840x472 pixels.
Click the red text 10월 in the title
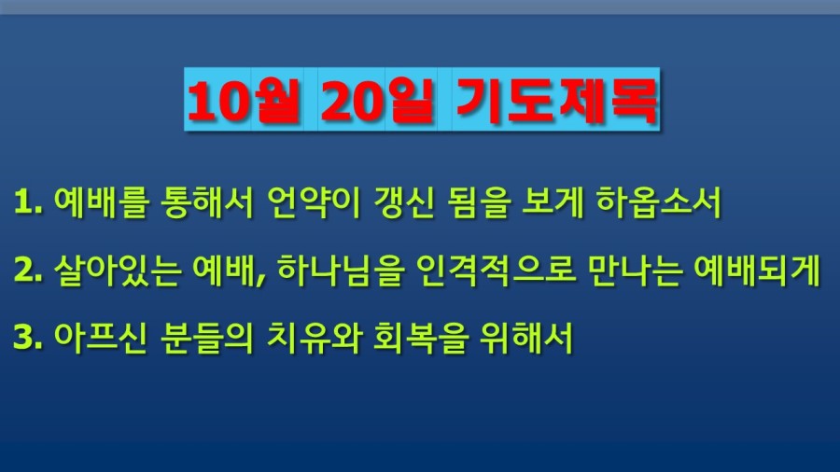243,101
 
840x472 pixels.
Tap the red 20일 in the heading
377,101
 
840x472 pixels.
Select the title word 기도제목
556,101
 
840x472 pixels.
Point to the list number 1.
28,202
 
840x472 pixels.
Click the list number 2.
28,270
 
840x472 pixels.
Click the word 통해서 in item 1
206,202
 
